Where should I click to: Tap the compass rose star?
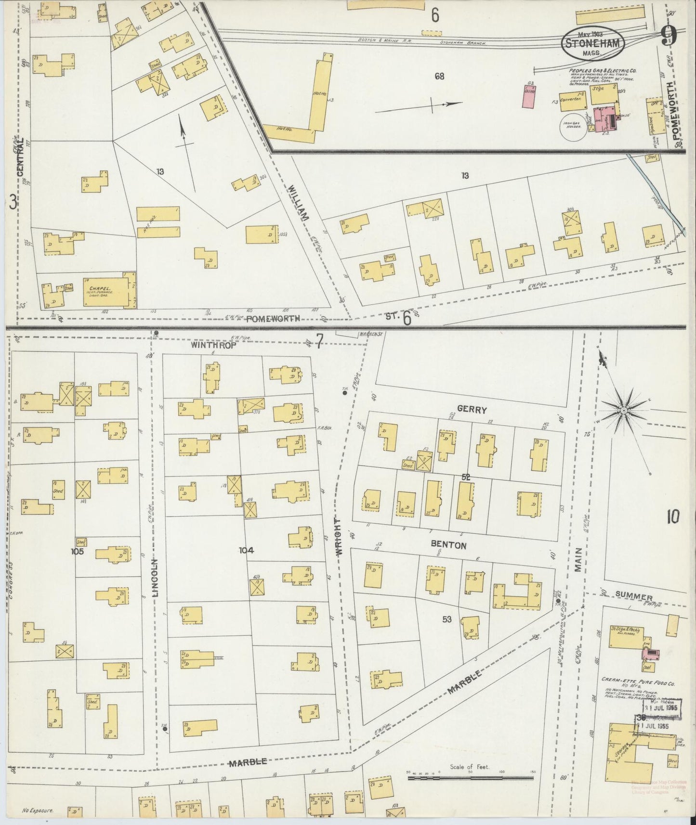click(623, 410)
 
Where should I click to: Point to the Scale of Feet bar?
click(472, 777)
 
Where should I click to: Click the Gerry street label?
click(472, 410)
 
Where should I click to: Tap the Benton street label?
click(448, 545)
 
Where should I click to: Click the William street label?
click(298, 205)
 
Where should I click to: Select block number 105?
click(77, 551)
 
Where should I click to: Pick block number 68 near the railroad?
click(439, 76)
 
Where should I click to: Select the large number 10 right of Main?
click(673, 517)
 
